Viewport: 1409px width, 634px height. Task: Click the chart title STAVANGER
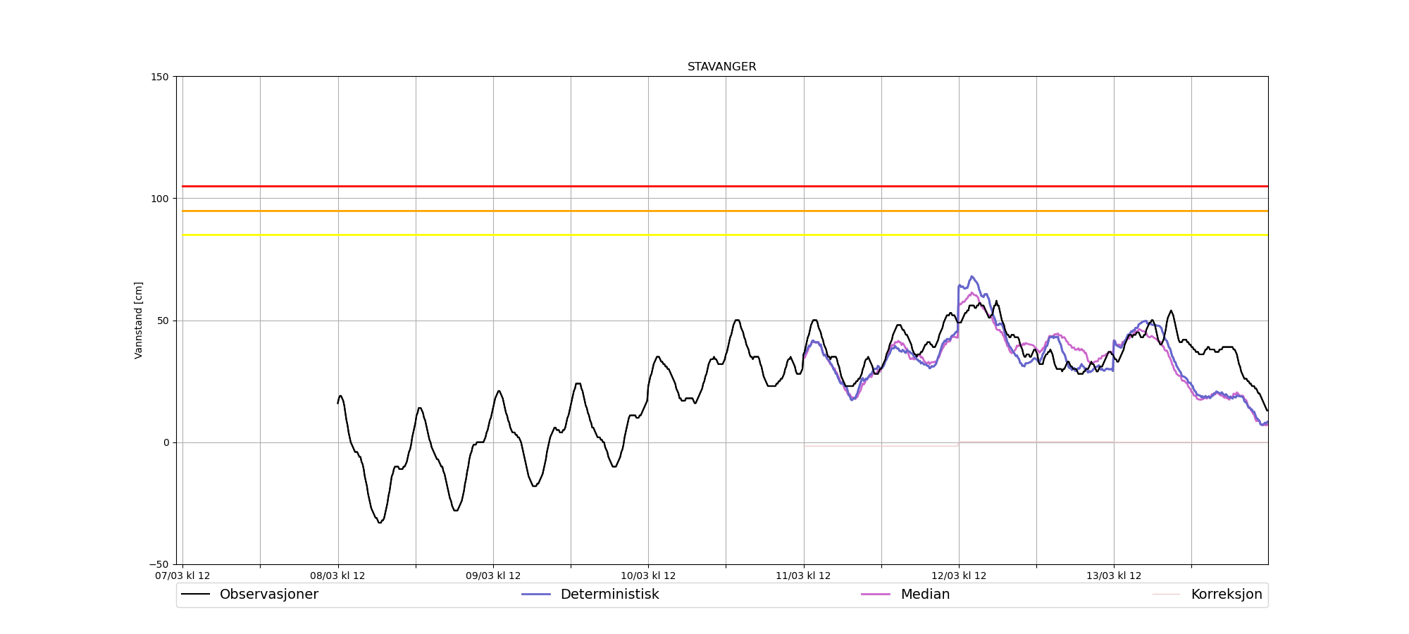pyautogui.click(x=721, y=67)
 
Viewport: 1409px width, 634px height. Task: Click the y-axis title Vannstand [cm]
pyautogui.click(x=139, y=321)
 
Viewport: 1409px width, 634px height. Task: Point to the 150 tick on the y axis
pyautogui.click(x=162, y=77)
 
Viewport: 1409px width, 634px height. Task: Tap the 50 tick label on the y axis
pyautogui.click(x=165, y=321)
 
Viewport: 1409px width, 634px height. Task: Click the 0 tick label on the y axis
pyautogui.click(x=167, y=442)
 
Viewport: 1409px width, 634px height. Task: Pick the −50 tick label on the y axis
pyautogui.click(x=160, y=564)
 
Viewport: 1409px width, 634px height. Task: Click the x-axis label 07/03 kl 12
pyautogui.click(x=182, y=576)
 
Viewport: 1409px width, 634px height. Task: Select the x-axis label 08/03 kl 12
pyautogui.click(x=337, y=576)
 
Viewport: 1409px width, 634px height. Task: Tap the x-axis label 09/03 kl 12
pyautogui.click(x=493, y=576)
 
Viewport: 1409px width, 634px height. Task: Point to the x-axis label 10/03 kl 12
pyautogui.click(x=648, y=576)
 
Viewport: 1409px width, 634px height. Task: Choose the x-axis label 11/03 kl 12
pyautogui.click(x=803, y=576)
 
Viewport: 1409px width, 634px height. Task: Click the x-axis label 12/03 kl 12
pyautogui.click(x=958, y=576)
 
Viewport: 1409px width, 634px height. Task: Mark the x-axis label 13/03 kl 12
pyautogui.click(x=1113, y=576)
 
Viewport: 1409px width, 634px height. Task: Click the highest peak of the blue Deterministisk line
pyautogui.click(x=972, y=277)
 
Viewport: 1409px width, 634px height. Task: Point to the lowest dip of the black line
pyautogui.click(x=379, y=522)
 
